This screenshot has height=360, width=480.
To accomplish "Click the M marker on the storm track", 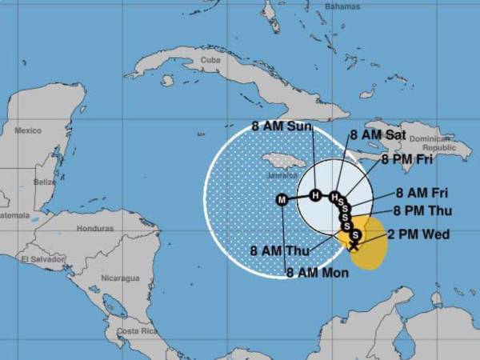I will point(281,199).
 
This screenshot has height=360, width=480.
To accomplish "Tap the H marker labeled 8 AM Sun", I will point(315,195).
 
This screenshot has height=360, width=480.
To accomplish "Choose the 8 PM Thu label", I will point(423,211).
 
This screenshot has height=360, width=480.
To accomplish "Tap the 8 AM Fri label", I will point(423,193).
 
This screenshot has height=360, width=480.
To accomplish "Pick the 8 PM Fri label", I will point(407,159).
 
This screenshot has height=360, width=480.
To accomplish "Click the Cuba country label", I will point(210,60).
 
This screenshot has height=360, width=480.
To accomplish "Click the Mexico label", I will point(28,130).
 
